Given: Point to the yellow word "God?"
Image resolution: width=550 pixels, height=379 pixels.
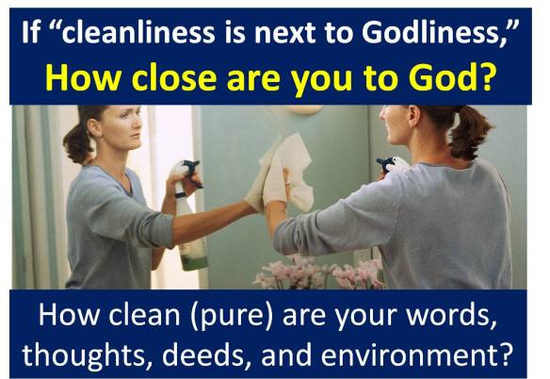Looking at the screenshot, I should pos(465,78).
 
